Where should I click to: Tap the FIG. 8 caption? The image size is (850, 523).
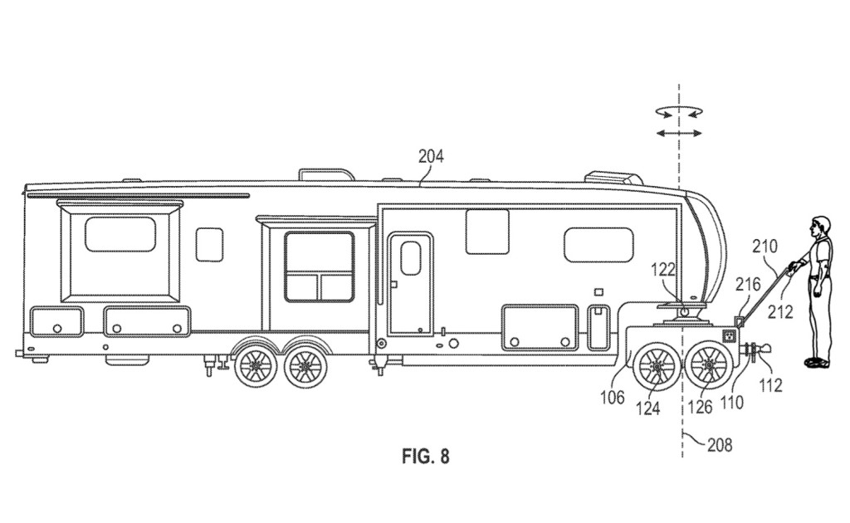pos(425,456)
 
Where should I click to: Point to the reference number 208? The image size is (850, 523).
pos(720,445)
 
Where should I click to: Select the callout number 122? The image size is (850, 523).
pos(663,269)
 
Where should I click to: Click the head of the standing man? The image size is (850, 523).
pos(819,223)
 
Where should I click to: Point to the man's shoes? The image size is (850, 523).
pos(816,362)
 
